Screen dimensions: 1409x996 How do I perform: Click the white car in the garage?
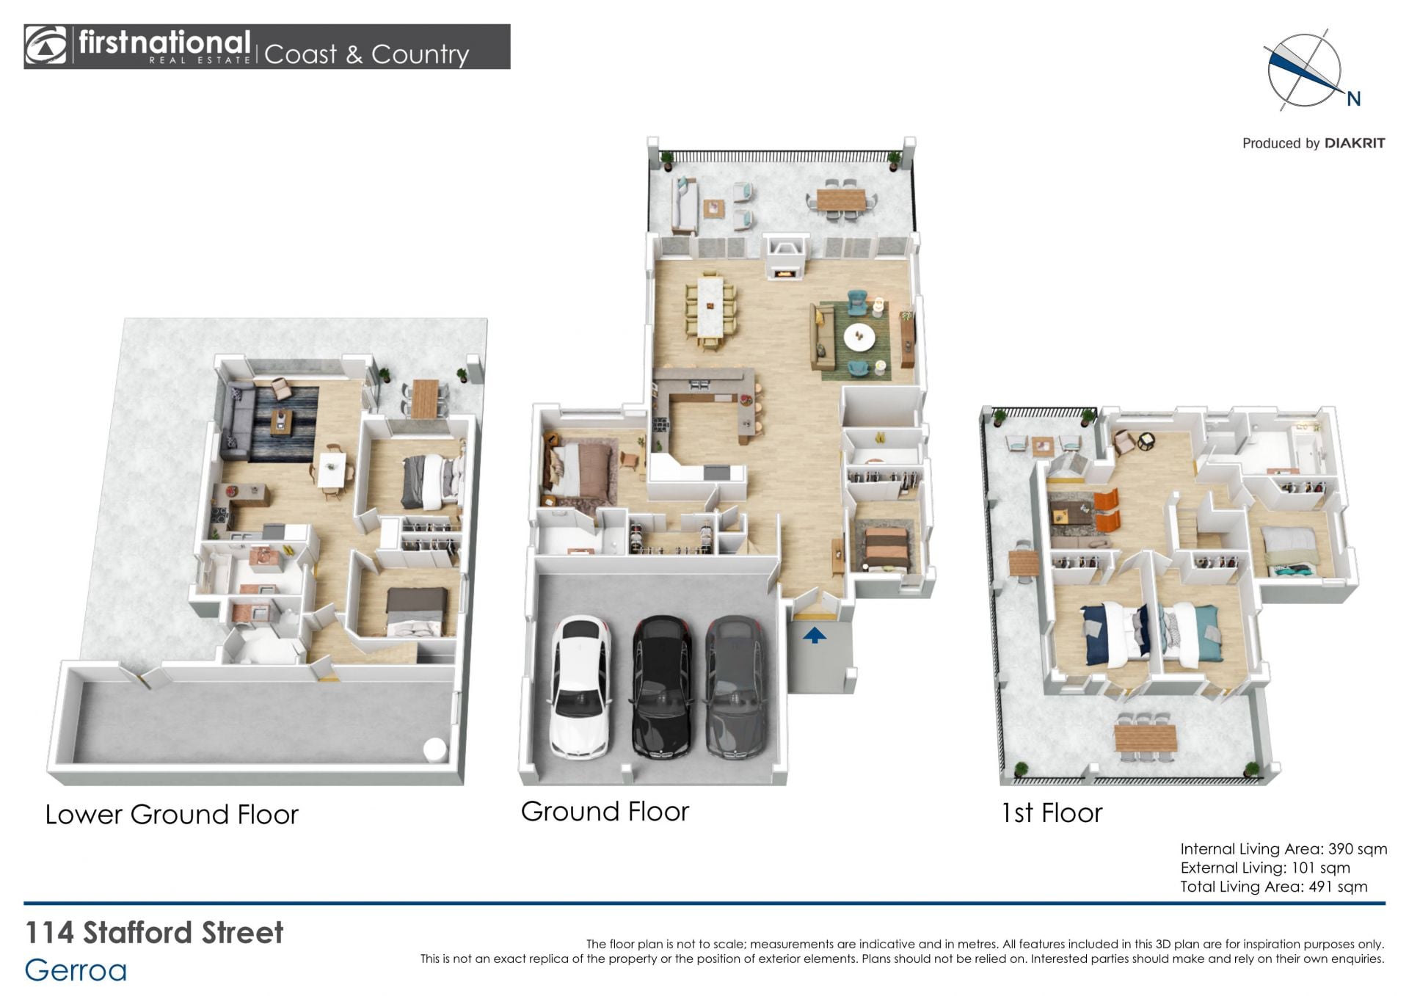(x=580, y=686)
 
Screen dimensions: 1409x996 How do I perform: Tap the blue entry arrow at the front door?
(x=814, y=635)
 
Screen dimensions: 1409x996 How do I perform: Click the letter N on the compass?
(x=1354, y=99)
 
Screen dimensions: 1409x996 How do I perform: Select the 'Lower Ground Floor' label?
(x=172, y=815)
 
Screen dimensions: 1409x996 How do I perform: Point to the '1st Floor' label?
(x=1052, y=813)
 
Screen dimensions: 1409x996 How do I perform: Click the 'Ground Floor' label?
(x=605, y=812)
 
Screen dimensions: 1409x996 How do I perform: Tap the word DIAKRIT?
(x=1355, y=143)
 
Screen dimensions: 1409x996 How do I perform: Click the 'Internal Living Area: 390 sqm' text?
(x=1284, y=849)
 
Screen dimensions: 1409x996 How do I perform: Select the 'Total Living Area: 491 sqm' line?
(x=1274, y=887)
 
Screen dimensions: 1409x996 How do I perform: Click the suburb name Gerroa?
(x=76, y=970)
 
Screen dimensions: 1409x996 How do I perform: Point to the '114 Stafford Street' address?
(x=154, y=933)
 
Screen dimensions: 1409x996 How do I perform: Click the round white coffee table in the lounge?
(x=859, y=337)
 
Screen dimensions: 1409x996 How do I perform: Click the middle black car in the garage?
(x=662, y=686)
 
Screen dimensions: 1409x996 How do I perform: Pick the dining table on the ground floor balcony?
(x=841, y=199)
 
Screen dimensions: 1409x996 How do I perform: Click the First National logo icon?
(x=45, y=46)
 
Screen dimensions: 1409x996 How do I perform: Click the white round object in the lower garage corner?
(x=434, y=749)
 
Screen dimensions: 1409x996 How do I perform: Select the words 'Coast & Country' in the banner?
(x=366, y=54)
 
